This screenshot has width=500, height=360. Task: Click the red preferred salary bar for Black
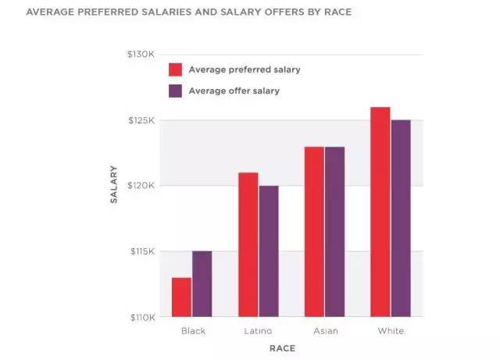click(x=181, y=298)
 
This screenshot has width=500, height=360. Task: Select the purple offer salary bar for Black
click(x=202, y=284)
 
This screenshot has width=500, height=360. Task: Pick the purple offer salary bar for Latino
click(x=268, y=251)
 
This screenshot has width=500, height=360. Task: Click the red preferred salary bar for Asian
click(x=314, y=232)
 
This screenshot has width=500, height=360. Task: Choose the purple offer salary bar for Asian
click(x=334, y=232)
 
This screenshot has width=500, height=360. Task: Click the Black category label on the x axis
click(x=193, y=331)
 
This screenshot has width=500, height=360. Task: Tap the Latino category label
click(x=259, y=331)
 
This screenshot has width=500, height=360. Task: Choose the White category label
click(x=391, y=331)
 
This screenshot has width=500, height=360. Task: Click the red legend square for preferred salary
click(x=175, y=70)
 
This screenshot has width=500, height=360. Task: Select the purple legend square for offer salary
click(x=175, y=91)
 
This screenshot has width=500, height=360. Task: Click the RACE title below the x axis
click(x=282, y=348)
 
